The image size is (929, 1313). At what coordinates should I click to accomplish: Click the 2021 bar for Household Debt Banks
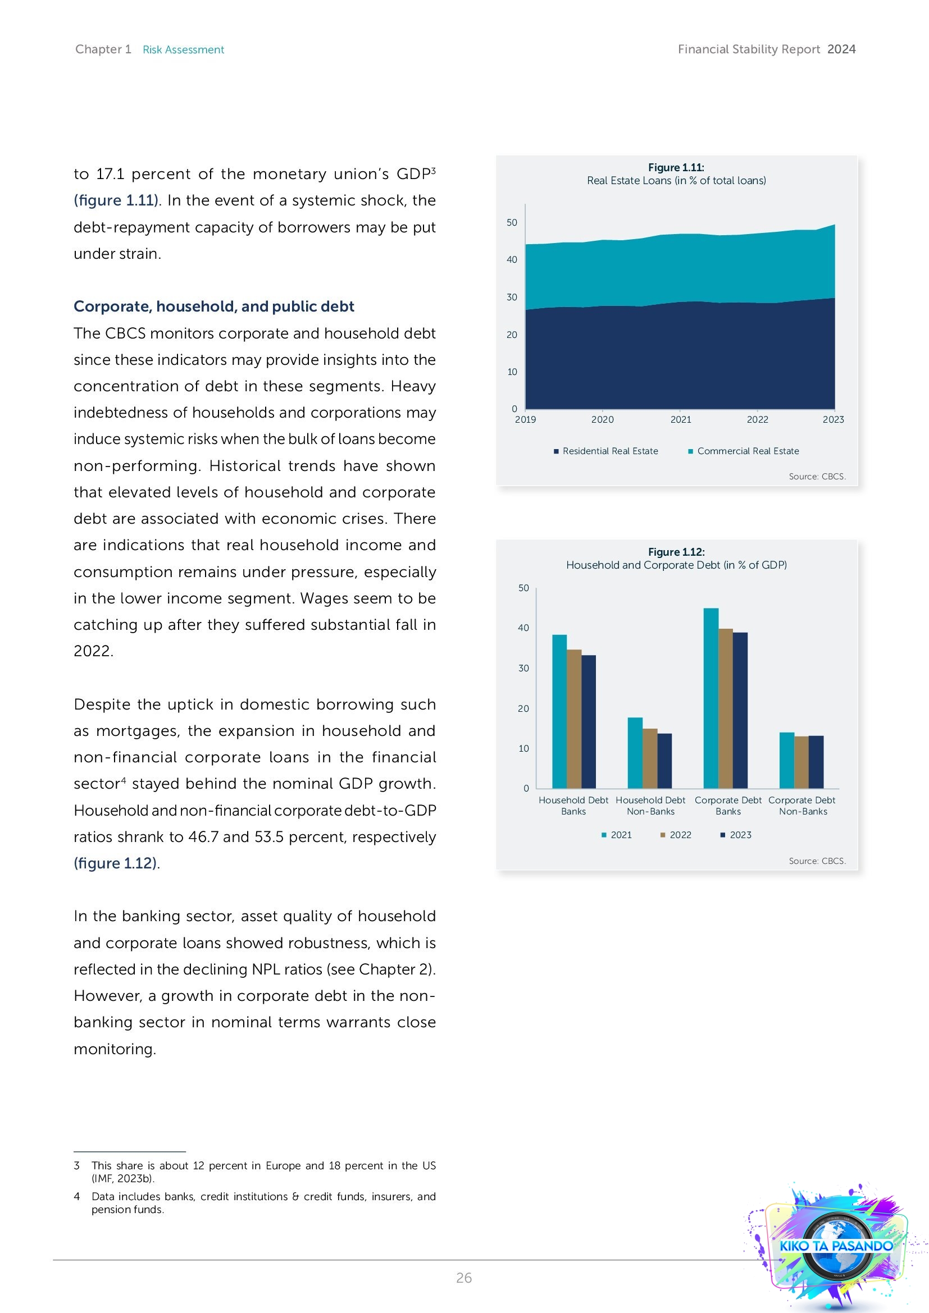click(x=559, y=711)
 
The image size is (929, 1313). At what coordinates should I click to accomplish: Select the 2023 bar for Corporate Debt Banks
click(x=740, y=710)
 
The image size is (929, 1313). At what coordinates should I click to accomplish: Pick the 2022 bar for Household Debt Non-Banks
click(x=650, y=758)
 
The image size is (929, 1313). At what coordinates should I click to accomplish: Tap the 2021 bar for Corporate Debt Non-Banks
click(x=786, y=760)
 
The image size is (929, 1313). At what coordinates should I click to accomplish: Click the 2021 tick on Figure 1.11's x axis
click(x=681, y=420)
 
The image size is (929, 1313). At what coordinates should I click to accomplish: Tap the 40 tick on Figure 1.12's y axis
click(x=523, y=628)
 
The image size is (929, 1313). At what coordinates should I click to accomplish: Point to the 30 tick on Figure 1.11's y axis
click(x=512, y=298)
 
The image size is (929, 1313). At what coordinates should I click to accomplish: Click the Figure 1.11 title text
click(x=676, y=167)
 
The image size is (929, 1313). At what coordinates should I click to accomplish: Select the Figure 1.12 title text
click(x=676, y=552)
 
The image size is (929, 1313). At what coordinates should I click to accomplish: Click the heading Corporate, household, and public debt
click(x=214, y=306)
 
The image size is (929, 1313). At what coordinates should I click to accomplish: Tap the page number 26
click(x=464, y=1278)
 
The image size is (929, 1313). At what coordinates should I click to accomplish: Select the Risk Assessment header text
click(x=183, y=50)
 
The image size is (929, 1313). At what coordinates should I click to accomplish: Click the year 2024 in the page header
click(x=841, y=49)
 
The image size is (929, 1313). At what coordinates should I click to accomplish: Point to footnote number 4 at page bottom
click(x=76, y=1197)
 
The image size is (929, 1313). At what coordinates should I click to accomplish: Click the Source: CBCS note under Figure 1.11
click(x=817, y=477)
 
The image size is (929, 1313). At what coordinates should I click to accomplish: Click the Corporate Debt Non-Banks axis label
click(x=802, y=806)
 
